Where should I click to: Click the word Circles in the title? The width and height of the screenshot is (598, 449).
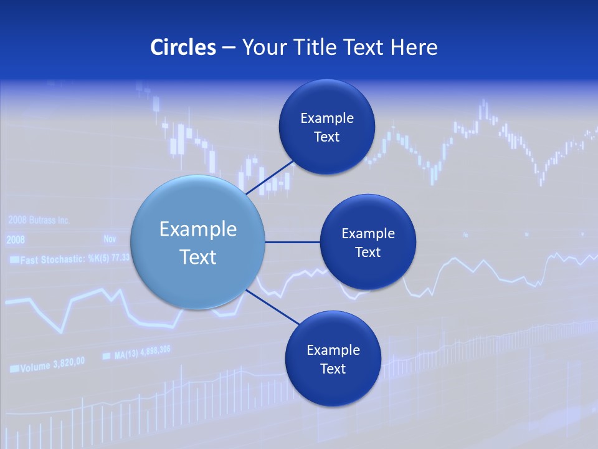[183, 47]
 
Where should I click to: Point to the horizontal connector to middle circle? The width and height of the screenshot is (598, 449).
[292, 242]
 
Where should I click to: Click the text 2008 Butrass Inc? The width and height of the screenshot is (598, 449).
[39, 220]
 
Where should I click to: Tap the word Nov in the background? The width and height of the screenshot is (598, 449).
[110, 239]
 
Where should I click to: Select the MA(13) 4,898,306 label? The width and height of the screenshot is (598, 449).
[142, 353]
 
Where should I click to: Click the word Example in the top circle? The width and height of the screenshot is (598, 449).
[326, 118]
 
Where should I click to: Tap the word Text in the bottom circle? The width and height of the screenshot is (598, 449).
[333, 369]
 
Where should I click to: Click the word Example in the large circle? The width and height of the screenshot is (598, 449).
[198, 229]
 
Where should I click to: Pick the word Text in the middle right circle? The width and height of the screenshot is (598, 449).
[368, 252]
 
